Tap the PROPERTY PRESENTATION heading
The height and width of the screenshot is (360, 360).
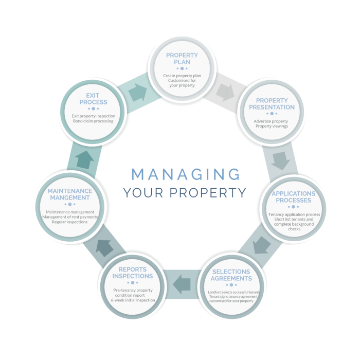[x=272, y=104]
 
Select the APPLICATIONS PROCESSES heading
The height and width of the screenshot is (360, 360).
[x=294, y=196]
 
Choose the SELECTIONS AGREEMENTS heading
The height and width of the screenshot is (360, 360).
[x=231, y=275]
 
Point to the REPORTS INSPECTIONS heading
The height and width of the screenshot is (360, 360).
[x=132, y=273]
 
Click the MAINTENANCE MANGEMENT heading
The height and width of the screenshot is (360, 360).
[x=70, y=194]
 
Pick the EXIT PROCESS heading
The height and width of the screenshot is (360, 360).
[x=93, y=98]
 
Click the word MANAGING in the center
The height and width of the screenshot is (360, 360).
[x=185, y=174]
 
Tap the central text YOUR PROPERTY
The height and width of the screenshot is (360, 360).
[x=185, y=193]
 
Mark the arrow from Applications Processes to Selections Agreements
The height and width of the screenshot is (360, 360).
[x=261, y=244]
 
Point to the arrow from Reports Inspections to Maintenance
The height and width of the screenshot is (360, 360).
[x=104, y=247]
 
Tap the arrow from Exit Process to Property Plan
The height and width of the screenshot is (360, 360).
[x=137, y=92]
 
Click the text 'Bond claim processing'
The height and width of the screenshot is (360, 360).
[x=93, y=121]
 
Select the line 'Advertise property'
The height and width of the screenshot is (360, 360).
[x=271, y=121]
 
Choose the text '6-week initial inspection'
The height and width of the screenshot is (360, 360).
[x=133, y=300]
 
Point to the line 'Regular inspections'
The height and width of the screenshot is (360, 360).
[x=70, y=222]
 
